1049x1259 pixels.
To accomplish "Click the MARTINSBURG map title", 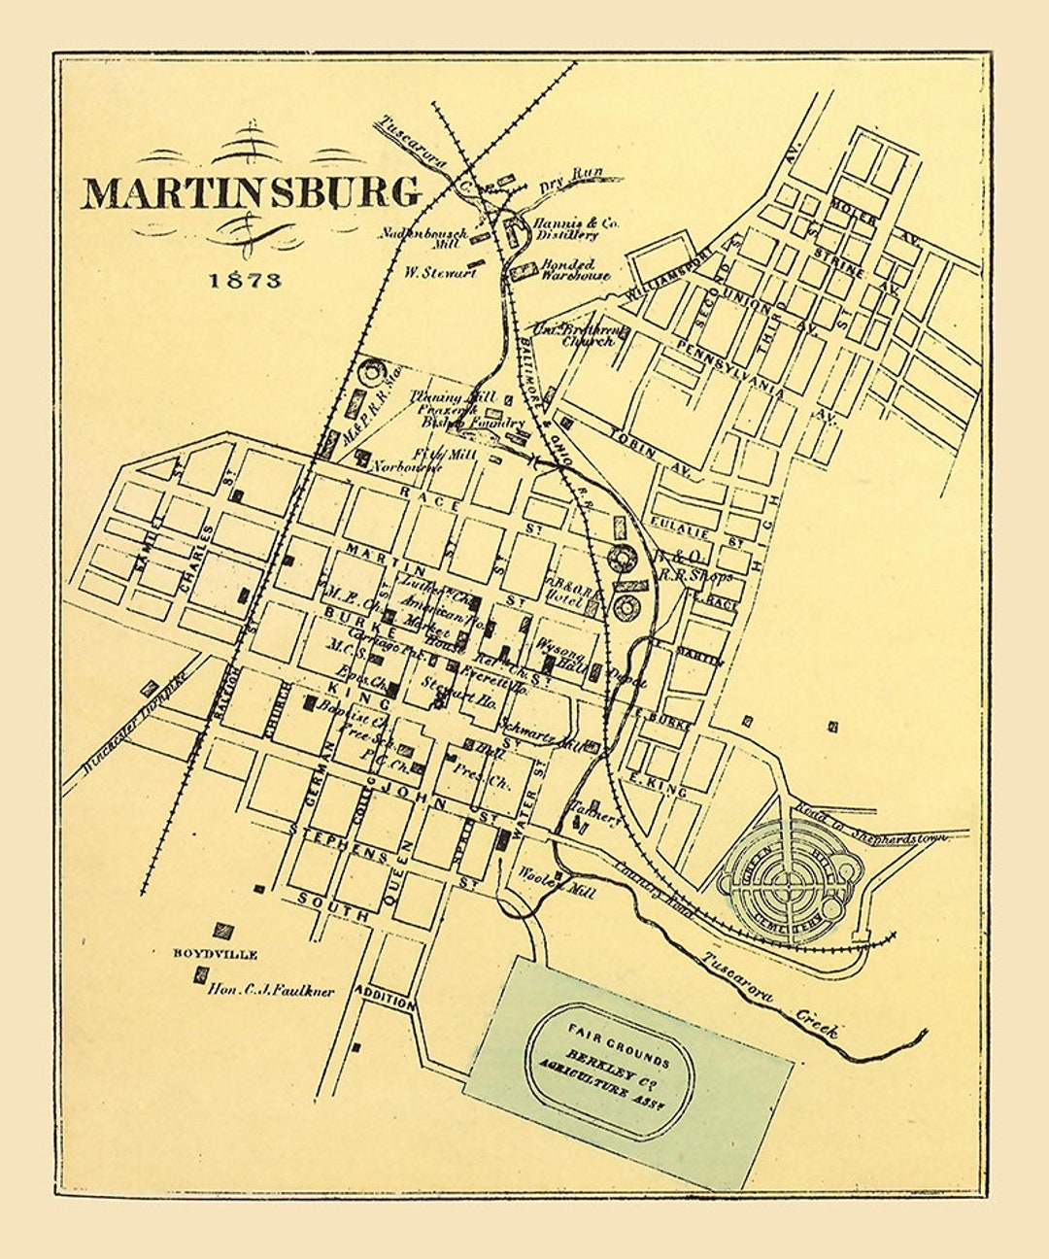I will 251,192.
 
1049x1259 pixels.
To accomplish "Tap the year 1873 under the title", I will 246,280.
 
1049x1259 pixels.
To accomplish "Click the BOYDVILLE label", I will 216,955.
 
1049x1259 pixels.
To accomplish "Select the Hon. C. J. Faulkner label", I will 271,991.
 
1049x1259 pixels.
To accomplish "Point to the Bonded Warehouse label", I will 574,269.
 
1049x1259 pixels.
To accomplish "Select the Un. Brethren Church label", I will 575,335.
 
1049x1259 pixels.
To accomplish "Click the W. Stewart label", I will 440,272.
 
